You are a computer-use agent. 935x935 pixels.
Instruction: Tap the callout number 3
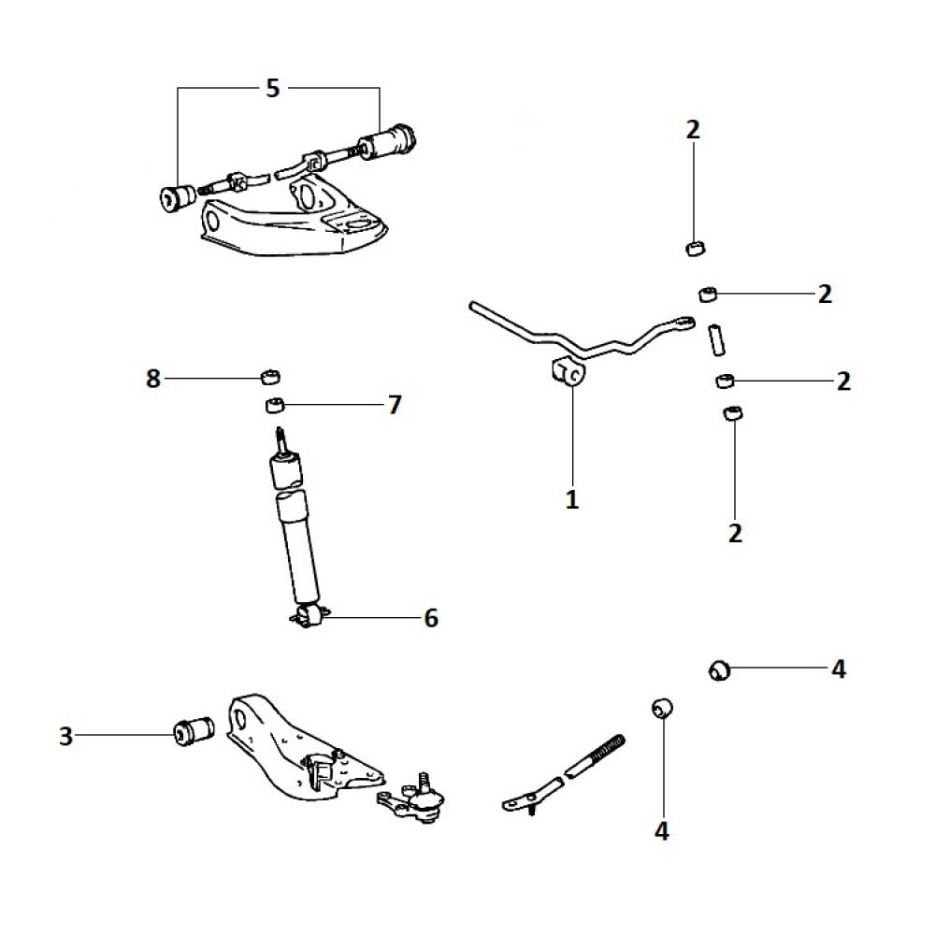(x=65, y=737)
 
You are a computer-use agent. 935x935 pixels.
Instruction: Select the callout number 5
(x=272, y=89)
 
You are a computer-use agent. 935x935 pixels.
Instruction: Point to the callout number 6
(x=431, y=618)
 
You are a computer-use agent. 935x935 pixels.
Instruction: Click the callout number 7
(x=395, y=405)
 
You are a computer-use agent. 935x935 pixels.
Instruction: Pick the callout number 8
(x=153, y=379)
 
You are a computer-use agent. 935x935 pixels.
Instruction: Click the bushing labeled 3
(x=194, y=728)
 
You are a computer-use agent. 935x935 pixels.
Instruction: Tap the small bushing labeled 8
(x=271, y=377)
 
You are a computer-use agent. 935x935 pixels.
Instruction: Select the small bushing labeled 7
(x=275, y=406)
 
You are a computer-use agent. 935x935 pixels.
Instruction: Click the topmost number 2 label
(x=693, y=130)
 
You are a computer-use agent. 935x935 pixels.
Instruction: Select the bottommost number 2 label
(x=735, y=533)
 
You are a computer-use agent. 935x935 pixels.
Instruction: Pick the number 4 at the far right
(x=839, y=669)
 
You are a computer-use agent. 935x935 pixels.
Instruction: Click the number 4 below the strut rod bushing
(x=662, y=830)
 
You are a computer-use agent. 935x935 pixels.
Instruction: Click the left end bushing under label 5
(x=176, y=196)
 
